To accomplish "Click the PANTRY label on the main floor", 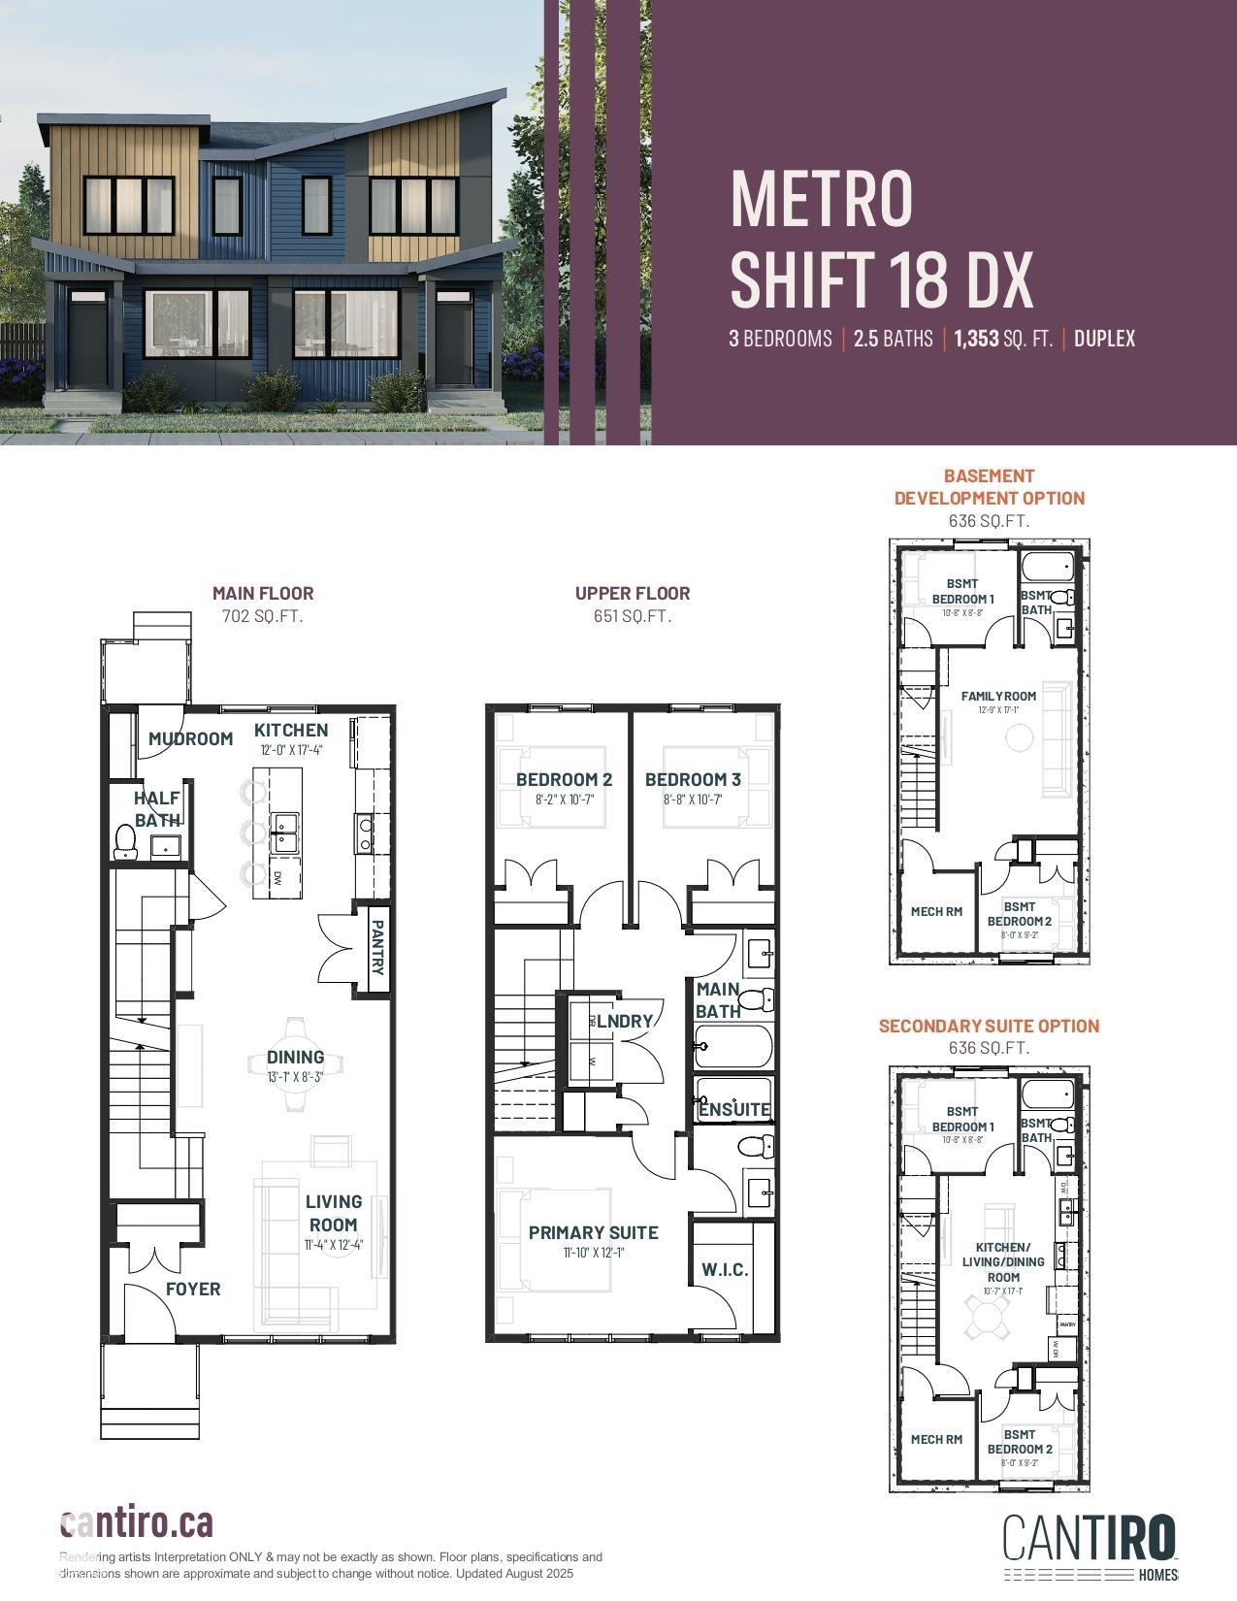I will pos(378,948).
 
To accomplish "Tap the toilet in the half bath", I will pos(125,840).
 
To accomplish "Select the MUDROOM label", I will pos(191,738).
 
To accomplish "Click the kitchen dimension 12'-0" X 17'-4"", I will pos(291,750).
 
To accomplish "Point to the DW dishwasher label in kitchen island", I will pos(277,878).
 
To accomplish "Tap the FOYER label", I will pos(193,1289).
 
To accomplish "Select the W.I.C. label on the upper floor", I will pos(725,1269).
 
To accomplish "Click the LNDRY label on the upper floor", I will pos(624,1021).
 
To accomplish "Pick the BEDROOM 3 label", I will pos(693,779).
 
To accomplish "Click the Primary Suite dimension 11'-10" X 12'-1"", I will pos(593,1253).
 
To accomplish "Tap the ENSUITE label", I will pos(734,1109).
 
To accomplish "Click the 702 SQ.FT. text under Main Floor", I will pos(263,615).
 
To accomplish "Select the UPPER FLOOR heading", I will pos(633,593).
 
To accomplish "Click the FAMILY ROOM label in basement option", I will pos(998,696).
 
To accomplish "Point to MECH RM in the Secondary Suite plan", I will pos(936,1439).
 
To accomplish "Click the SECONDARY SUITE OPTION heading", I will pos(989,1026).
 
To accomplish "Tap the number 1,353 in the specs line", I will pos(976,339).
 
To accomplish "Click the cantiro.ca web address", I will pos(137,1523).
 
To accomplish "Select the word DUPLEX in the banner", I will pos(1104,339).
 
